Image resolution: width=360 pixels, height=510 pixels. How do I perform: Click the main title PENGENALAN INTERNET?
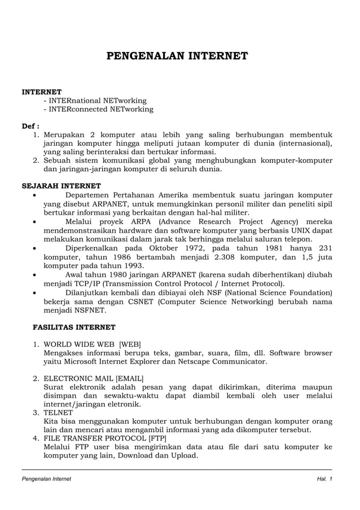pos(178,56)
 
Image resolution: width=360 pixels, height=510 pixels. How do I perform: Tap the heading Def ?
pos(30,126)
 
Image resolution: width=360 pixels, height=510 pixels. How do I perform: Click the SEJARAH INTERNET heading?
pos(61,185)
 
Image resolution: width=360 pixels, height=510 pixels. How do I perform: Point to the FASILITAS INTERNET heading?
pos(74,327)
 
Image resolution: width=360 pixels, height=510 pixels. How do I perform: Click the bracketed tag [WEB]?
pos(129,345)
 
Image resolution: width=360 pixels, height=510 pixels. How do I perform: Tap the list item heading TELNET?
pos(58,413)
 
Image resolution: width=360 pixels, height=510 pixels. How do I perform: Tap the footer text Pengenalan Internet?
pos(46,479)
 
